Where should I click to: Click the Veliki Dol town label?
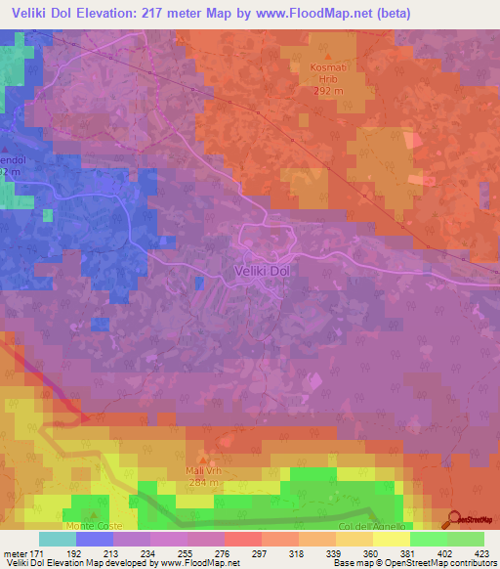tap(263, 272)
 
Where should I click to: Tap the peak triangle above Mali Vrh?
tap(203, 459)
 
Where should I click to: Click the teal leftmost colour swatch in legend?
tap(58, 539)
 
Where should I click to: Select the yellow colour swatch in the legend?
tap(392, 539)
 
